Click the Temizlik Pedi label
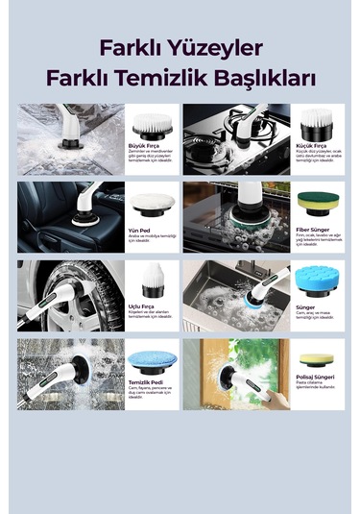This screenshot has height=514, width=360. (144, 383)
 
